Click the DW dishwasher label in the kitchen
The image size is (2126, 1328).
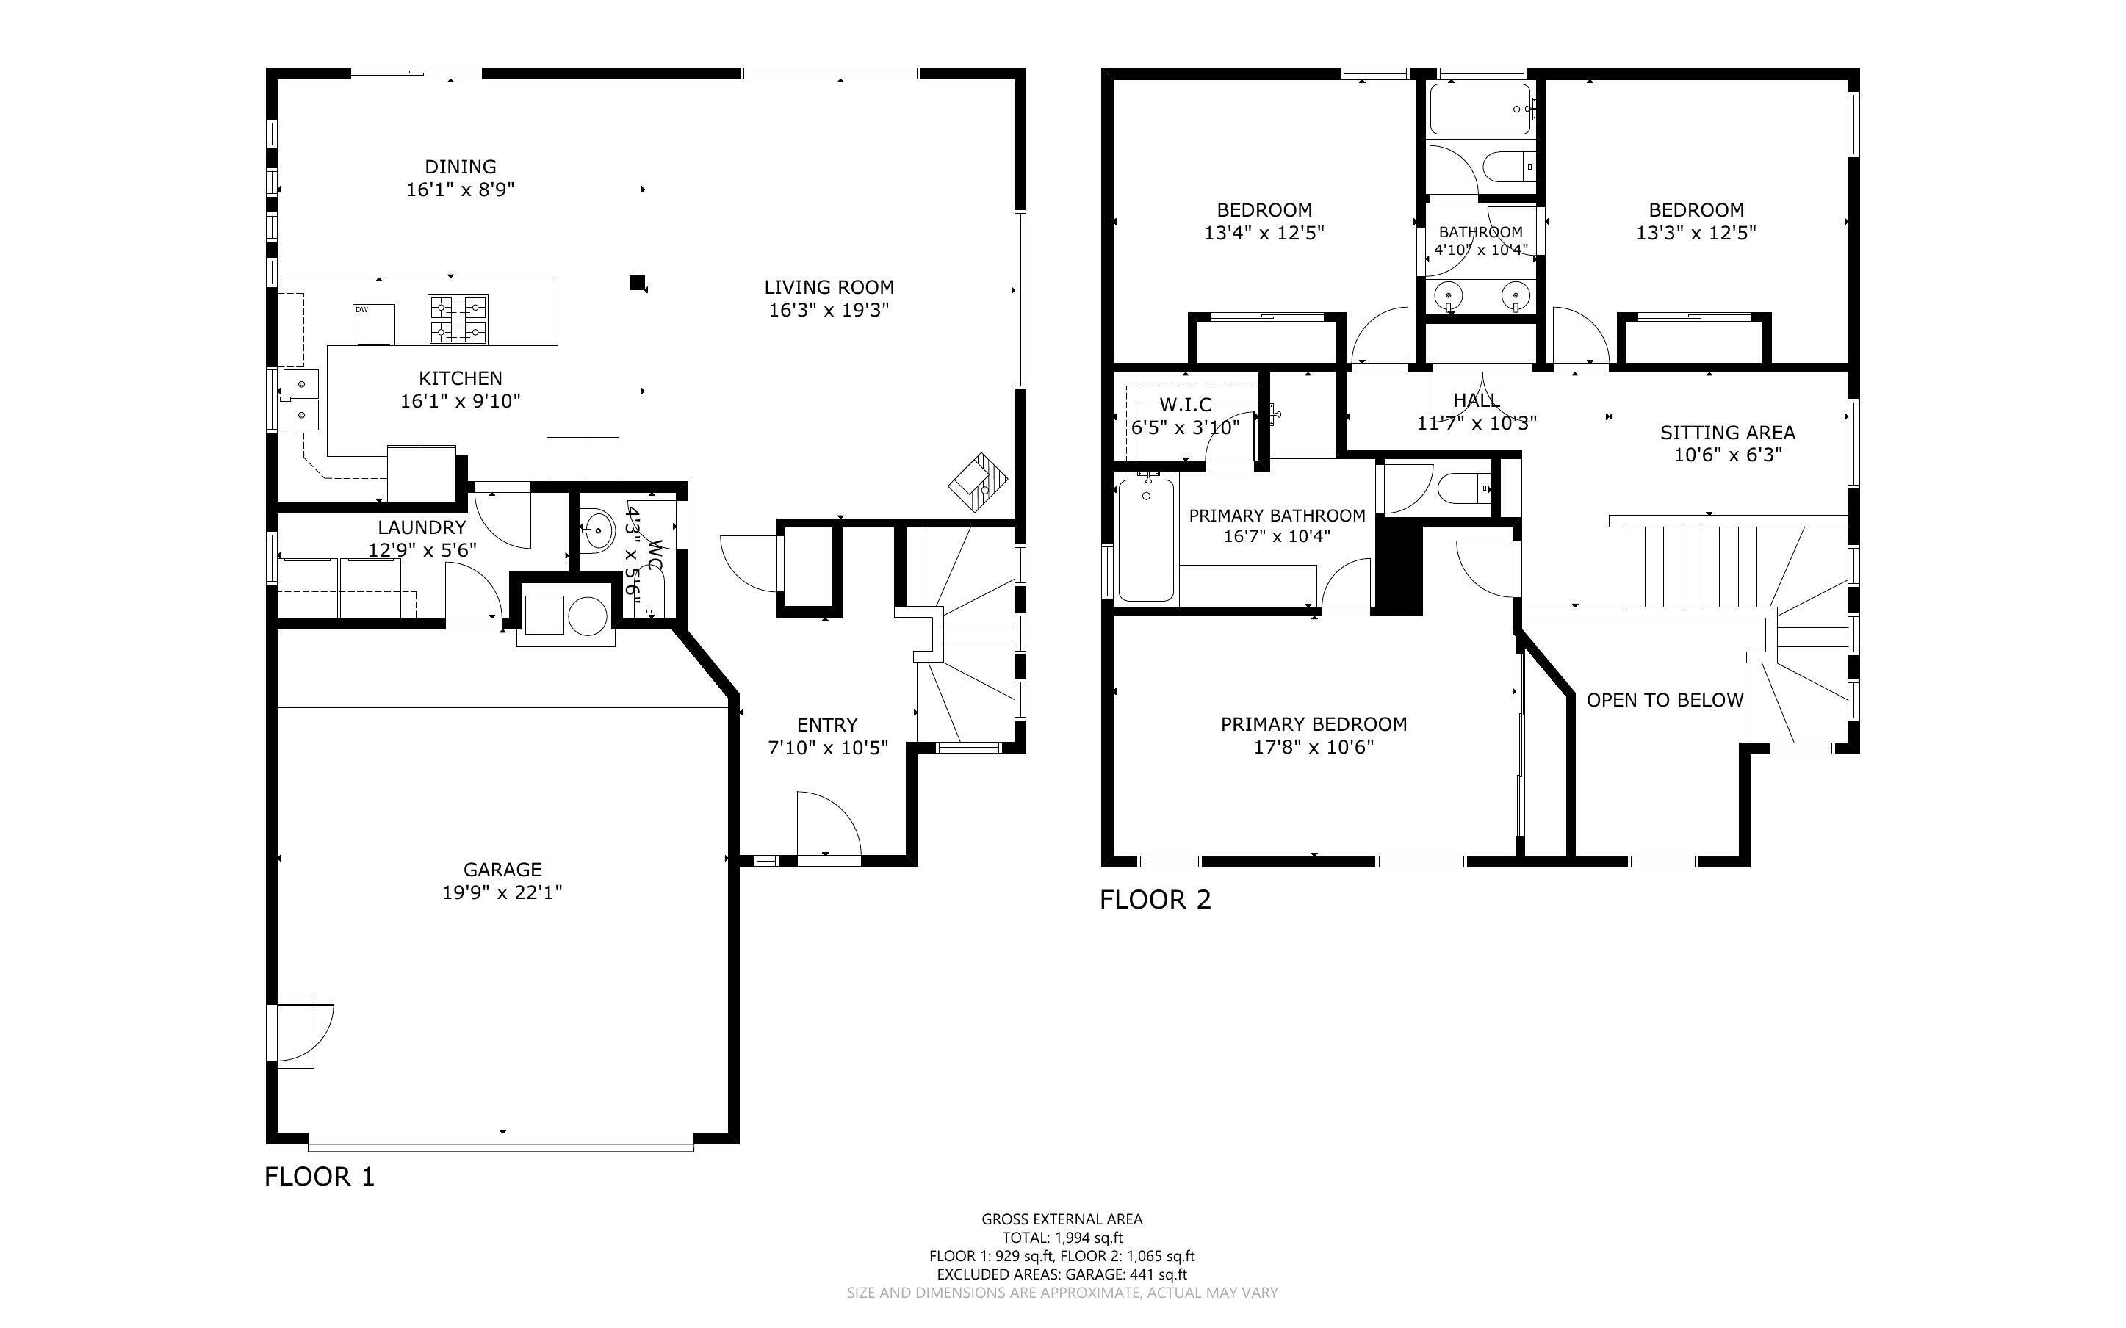click(361, 309)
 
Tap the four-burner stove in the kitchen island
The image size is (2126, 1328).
click(458, 319)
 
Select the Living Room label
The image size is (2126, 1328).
click(829, 287)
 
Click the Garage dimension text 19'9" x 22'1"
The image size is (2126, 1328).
click(502, 892)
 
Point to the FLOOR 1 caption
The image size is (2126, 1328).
click(320, 1177)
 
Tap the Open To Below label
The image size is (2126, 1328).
click(1665, 700)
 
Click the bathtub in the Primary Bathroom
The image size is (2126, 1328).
click(1146, 539)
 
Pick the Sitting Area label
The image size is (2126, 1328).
click(1727, 432)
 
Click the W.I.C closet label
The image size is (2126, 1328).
click(1186, 405)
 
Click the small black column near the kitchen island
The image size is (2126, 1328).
click(638, 282)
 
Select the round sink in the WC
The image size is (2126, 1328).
click(599, 530)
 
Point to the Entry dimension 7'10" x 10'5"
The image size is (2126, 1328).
click(828, 748)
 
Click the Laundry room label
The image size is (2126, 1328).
click(422, 527)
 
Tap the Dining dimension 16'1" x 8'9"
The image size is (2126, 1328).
click(460, 189)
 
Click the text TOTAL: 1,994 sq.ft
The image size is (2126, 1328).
click(1062, 1238)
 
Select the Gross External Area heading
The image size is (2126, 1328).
click(1062, 1219)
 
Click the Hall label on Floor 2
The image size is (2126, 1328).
click(1476, 400)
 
